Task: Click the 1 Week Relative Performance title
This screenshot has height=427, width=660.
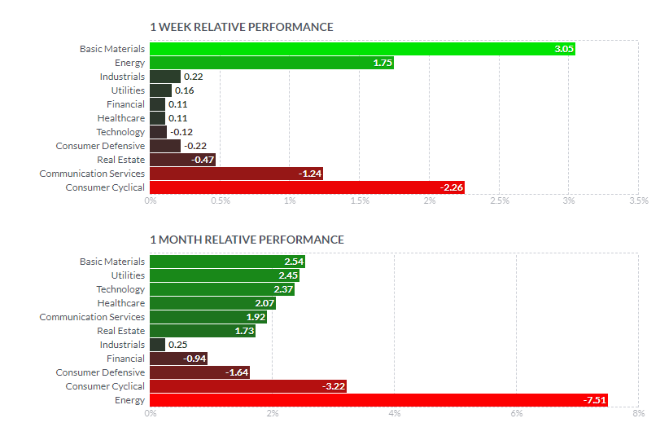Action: [242, 27]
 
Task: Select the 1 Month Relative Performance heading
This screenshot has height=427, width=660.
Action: [247, 240]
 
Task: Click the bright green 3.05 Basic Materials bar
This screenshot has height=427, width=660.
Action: [362, 49]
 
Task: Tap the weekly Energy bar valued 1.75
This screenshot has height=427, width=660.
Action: [272, 63]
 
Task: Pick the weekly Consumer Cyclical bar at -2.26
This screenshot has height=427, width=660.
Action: [308, 187]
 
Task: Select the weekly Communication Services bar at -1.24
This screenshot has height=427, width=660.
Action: [237, 174]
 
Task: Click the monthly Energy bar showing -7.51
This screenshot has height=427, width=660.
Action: [378, 400]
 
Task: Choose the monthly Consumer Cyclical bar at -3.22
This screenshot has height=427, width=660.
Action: [248, 386]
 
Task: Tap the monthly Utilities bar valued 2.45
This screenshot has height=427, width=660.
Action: [225, 275]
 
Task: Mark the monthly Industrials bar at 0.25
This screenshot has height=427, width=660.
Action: [157, 345]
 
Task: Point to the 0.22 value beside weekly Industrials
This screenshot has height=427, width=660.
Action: [193, 77]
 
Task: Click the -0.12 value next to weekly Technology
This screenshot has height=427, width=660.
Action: [181, 132]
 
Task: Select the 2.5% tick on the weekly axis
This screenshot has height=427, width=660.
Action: [500, 200]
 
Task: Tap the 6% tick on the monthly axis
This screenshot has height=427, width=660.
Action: [517, 413]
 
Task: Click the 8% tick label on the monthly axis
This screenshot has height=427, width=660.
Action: [639, 413]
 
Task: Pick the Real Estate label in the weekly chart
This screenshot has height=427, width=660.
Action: [120, 160]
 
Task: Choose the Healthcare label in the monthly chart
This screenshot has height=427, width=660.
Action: [121, 303]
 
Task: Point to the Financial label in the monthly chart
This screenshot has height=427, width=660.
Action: [125, 359]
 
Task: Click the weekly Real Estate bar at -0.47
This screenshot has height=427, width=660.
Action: [182, 160]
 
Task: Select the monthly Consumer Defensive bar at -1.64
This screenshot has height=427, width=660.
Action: [200, 372]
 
